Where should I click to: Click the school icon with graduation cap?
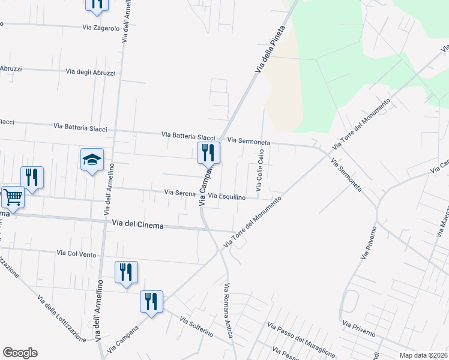tap(92, 160)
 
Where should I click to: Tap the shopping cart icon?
tap(13, 197)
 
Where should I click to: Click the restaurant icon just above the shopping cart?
tap(32, 178)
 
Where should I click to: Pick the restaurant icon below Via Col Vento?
tap(126, 272)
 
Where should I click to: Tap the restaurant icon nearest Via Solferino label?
tap(151, 301)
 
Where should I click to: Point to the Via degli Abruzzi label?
tap(95, 73)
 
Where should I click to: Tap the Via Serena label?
tap(180, 193)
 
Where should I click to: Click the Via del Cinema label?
tap(137, 224)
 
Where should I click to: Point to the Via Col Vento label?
tap(76, 254)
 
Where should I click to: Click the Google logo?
tap(20, 353)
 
